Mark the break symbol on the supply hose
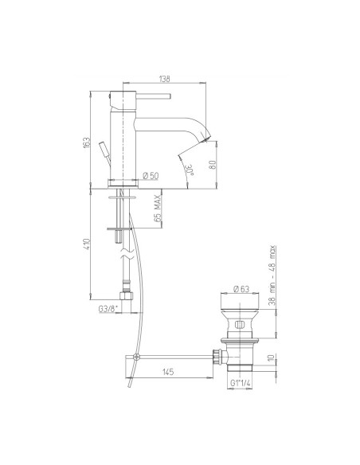123,256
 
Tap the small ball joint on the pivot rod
136,355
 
